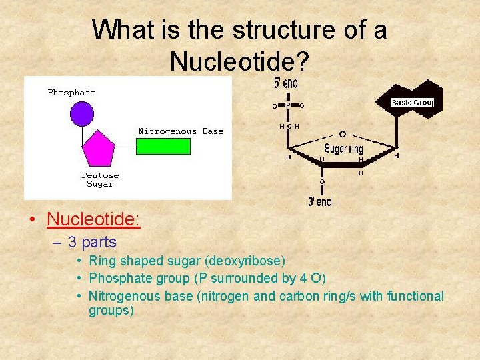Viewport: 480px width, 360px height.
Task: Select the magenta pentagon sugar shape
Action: [x=97, y=148]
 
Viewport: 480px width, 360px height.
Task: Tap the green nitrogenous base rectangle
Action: [x=163, y=146]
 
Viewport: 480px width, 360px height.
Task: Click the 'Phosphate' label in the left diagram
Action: [x=71, y=93]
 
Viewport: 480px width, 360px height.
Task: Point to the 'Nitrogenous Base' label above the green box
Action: [x=181, y=131]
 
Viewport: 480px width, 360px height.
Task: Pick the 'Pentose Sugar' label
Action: [x=100, y=179]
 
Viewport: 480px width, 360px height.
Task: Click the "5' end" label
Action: [x=286, y=83]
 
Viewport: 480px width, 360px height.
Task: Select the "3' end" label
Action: [x=319, y=201]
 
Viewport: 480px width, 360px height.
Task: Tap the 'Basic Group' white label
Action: [x=413, y=103]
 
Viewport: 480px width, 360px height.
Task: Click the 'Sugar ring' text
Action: [x=343, y=149]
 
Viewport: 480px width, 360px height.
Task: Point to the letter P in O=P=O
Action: [x=287, y=105]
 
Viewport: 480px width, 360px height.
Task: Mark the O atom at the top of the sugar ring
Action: [x=342, y=134]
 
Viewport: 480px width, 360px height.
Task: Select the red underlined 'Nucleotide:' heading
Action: [x=93, y=219]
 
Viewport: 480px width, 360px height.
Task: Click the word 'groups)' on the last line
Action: [x=111, y=310]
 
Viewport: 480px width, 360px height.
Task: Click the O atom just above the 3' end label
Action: [x=322, y=181]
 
